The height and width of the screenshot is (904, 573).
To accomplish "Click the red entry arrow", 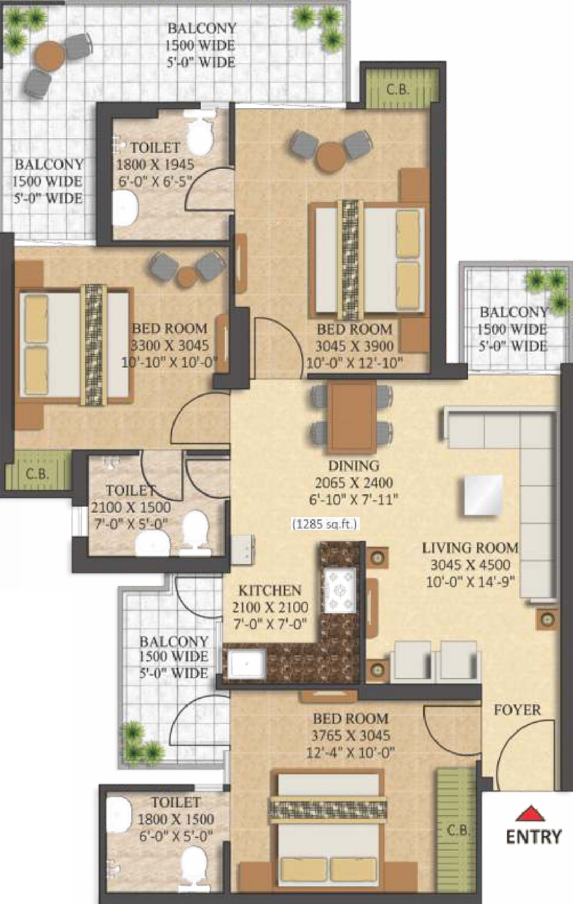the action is click(530, 813).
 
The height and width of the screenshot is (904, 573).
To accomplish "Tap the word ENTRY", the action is click(534, 837).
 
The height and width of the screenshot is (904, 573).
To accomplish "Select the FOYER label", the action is click(517, 710).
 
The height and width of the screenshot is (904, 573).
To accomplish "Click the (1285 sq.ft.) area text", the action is click(325, 524).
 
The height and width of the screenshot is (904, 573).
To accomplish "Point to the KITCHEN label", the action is click(270, 590).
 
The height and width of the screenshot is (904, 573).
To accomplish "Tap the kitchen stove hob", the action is click(340, 590).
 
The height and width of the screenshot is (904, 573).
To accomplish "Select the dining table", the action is click(352, 417).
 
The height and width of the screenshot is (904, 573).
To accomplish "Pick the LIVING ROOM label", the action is click(470, 548).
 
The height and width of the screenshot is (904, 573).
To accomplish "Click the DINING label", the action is click(354, 465).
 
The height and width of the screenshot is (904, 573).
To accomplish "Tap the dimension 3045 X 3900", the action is click(354, 346).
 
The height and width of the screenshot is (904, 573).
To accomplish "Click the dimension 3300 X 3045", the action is click(170, 345).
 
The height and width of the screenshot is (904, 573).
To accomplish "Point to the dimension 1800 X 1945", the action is click(155, 165).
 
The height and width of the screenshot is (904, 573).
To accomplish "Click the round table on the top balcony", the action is click(51, 55).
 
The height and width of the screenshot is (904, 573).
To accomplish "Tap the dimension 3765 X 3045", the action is click(351, 736).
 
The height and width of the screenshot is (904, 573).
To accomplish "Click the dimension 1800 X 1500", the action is click(176, 819).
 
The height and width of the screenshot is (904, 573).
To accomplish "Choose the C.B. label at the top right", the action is click(398, 90).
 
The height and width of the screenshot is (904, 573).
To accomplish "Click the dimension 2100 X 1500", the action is click(131, 507).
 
